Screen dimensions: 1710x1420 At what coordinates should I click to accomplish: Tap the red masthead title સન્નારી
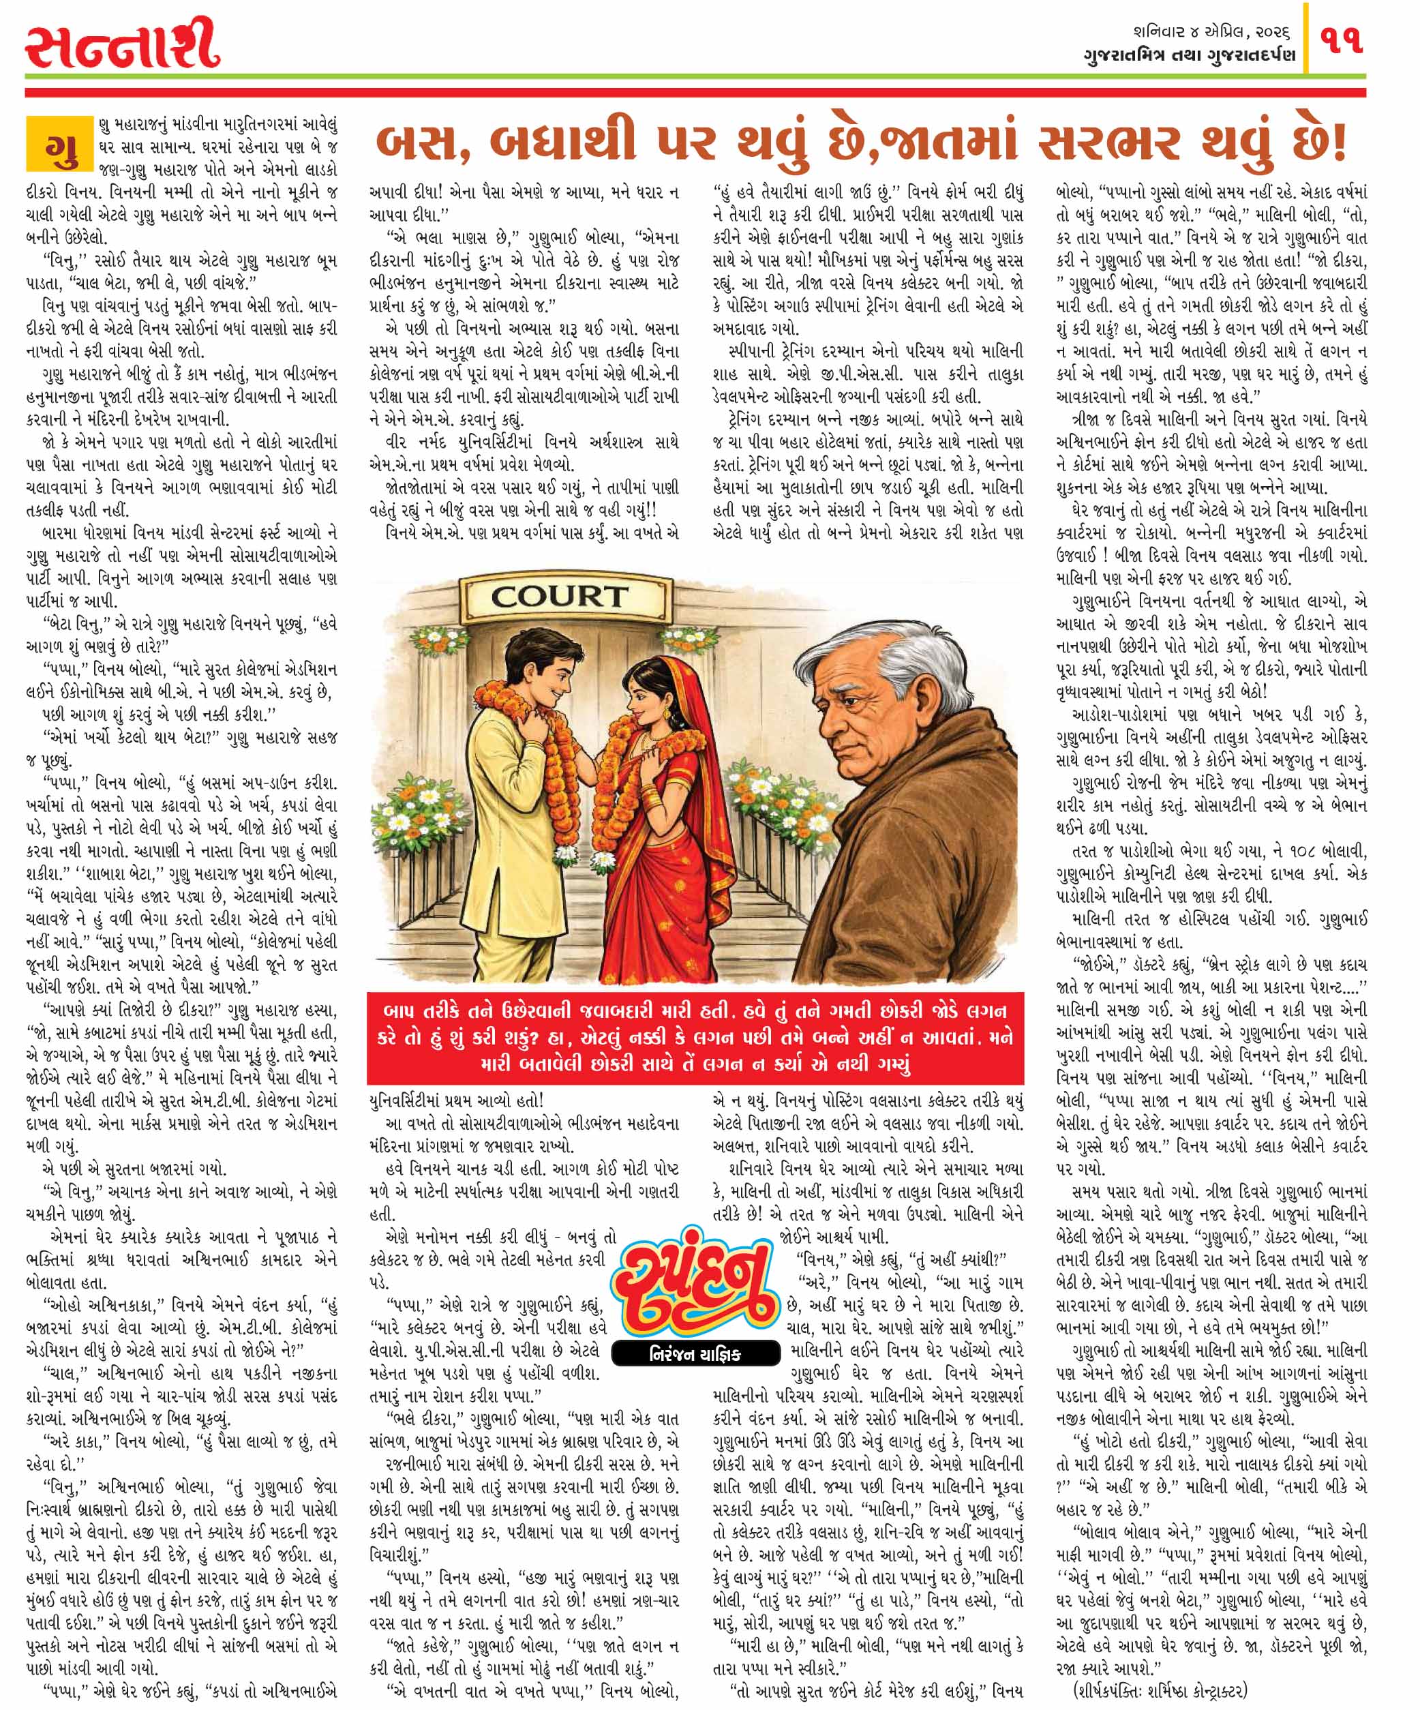pyautogui.click(x=122, y=46)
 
